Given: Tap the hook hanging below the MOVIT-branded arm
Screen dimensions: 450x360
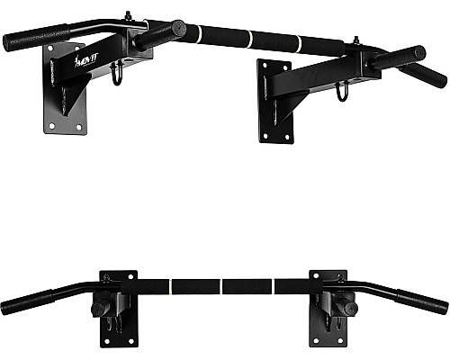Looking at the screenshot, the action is click(117, 74).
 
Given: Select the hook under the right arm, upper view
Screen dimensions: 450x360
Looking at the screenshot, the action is click(342, 91).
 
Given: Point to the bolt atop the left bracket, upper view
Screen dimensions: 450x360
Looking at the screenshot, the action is click(129, 16).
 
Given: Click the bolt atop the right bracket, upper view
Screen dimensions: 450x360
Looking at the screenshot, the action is click(356, 40).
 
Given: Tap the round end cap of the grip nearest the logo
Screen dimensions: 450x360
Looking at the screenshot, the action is click(178, 29).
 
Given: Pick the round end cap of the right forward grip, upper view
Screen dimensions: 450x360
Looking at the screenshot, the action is click(418, 53).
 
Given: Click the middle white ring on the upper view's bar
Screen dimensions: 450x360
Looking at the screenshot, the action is click(249, 39).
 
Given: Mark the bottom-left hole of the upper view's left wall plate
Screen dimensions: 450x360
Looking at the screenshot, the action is click(51, 126).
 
